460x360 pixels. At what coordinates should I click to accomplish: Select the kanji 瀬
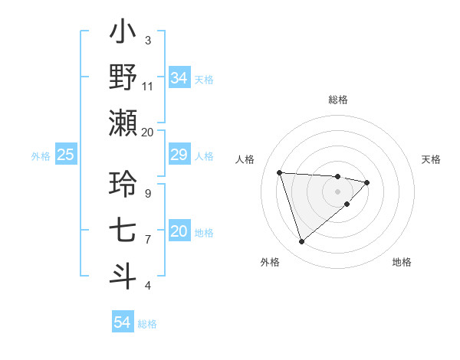click(x=123, y=123)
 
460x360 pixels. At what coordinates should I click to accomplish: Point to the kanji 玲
click(x=123, y=185)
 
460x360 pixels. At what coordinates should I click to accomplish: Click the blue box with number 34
click(x=179, y=78)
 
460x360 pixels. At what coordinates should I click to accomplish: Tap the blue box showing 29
click(x=179, y=155)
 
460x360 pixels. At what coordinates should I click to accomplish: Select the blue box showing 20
click(x=179, y=232)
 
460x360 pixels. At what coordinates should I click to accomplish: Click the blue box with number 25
click(x=65, y=155)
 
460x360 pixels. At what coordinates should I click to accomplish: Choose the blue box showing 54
click(x=122, y=322)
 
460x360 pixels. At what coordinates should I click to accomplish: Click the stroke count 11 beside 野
click(x=148, y=86)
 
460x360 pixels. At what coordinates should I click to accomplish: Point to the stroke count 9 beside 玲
click(x=147, y=193)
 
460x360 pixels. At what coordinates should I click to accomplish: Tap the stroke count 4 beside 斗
click(x=147, y=285)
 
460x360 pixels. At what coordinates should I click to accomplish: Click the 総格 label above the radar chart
click(x=337, y=100)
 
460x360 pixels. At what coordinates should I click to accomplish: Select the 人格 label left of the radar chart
click(x=245, y=159)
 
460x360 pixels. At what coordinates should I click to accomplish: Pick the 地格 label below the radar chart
click(x=402, y=262)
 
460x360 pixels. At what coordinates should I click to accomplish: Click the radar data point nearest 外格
click(x=301, y=241)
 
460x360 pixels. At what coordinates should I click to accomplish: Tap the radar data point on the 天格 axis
click(x=367, y=182)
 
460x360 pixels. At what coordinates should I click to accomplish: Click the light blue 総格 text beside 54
click(x=147, y=323)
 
